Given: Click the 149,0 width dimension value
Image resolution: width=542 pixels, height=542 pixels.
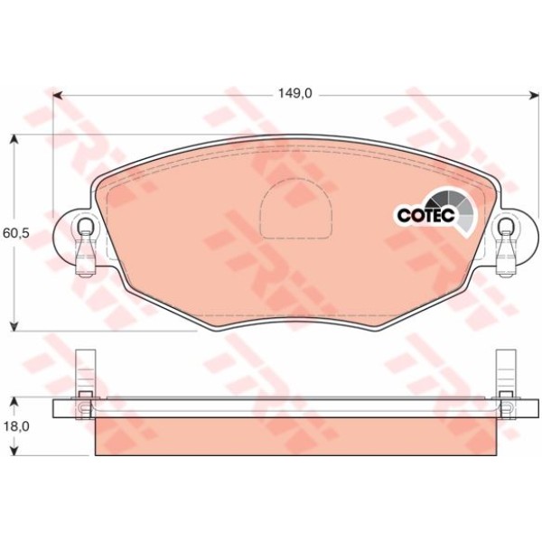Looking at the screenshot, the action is pos(294,93).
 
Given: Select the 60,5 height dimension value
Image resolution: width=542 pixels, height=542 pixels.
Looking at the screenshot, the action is pos(16,233).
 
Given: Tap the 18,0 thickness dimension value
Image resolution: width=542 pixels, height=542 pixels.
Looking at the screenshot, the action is pos(16,427).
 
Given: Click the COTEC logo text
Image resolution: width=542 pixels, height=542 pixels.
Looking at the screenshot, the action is pos(425,216).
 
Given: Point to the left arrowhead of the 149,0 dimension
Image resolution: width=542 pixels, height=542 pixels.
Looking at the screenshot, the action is pos(59,94).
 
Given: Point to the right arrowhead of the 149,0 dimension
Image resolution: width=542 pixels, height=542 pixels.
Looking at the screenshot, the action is pos(534,94).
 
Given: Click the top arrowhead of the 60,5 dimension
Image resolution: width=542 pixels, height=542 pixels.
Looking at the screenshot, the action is pos(14,140).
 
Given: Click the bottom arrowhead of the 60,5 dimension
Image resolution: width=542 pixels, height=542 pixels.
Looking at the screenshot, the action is pos(14,326).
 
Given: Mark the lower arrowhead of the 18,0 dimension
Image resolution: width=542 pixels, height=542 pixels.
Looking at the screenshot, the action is pos(14,449).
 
